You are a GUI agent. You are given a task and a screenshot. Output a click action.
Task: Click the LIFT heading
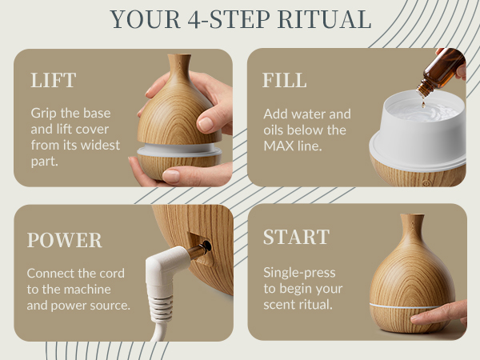click(x=54, y=81)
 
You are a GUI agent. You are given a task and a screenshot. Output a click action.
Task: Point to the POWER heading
click(x=64, y=241)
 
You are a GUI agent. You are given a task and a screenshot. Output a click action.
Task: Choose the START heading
click(x=296, y=238)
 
